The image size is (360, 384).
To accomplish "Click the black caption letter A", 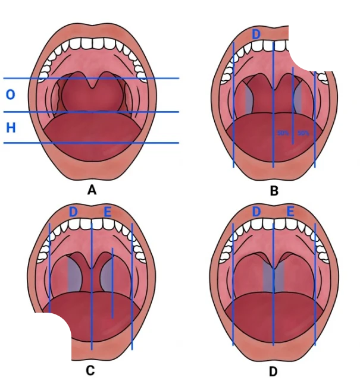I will (92, 190).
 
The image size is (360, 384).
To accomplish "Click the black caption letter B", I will (274, 191).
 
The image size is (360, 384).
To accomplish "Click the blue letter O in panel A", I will (10, 95).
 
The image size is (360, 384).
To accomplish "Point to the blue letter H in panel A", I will (10, 127).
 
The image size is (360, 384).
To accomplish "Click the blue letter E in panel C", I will (108, 212).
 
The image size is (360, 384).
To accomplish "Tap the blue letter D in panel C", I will (74, 212).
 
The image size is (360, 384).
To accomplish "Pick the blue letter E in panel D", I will (290, 212).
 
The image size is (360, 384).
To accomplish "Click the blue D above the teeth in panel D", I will (256, 212).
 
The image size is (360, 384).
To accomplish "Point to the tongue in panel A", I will (92, 137).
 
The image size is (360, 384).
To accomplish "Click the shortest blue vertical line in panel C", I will (112, 282).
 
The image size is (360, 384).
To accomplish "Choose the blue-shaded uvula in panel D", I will (273, 273).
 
